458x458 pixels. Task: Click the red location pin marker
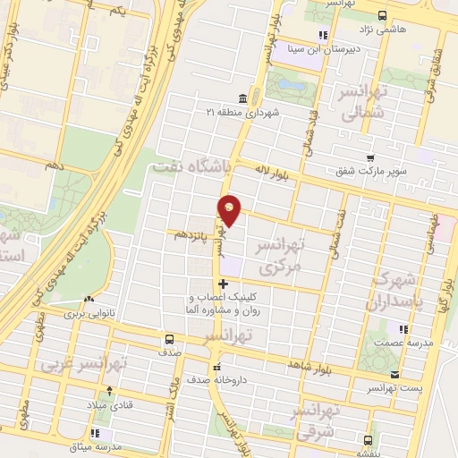click(230, 209)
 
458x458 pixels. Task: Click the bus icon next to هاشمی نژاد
click(382, 15)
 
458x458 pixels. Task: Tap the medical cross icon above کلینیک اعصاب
click(223, 284)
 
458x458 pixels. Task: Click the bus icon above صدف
click(169, 339)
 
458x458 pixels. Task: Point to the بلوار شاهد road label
click(310, 366)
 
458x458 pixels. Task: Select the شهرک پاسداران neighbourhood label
click(401, 291)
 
